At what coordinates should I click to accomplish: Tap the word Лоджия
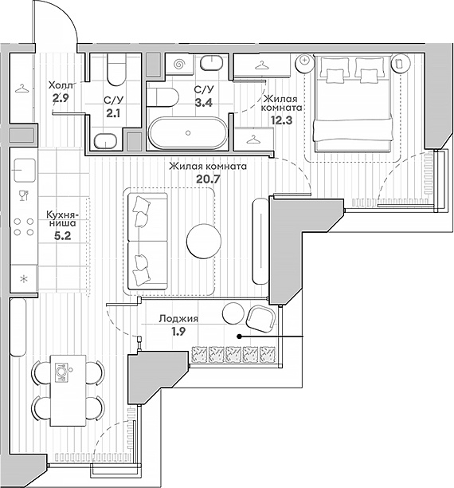[x=178, y=319]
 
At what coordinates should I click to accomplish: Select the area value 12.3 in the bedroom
[x=281, y=120]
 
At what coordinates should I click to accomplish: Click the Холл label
[x=61, y=85]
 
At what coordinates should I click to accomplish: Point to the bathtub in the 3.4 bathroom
[x=188, y=133]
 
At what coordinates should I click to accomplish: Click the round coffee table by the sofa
[x=204, y=241]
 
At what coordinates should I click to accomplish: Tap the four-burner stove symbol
[x=24, y=226]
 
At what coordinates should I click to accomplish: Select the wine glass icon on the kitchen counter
[x=24, y=195]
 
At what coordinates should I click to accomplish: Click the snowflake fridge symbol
[x=24, y=279]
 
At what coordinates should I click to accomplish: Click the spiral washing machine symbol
[x=178, y=65]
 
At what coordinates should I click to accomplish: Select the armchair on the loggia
[x=261, y=318]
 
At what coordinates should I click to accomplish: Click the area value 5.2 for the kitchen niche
[x=62, y=236]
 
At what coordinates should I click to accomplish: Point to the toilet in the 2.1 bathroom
[x=116, y=69]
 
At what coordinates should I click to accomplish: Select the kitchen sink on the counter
[x=24, y=171]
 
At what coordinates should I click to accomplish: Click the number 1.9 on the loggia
[x=178, y=332]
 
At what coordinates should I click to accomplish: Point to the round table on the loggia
[x=233, y=313]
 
